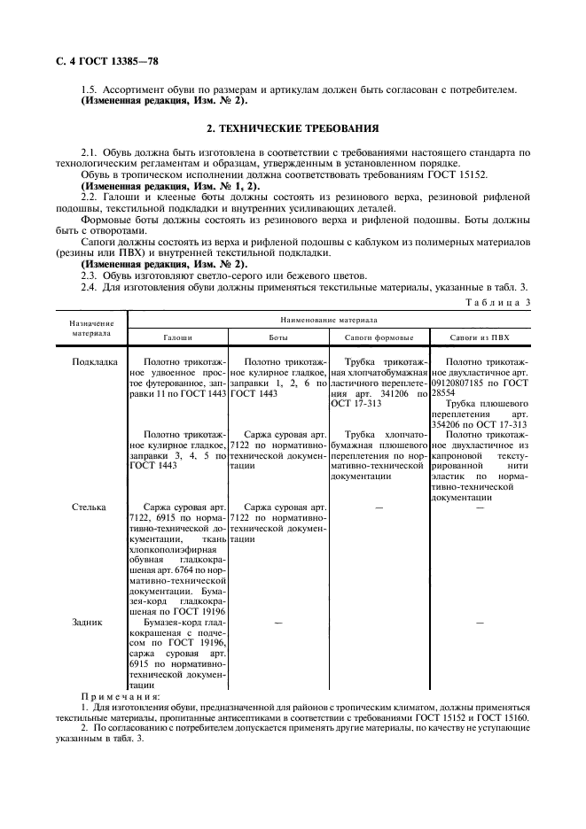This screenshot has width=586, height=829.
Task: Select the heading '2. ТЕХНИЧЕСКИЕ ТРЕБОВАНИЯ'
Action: click(x=292, y=128)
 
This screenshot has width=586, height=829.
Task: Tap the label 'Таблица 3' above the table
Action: click(x=500, y=303)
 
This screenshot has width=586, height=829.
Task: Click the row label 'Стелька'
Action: click(x=89, y=507)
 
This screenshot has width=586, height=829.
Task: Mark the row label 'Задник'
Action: click(x=87, y=622)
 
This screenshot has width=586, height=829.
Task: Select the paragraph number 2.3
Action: click(x=90, y=275)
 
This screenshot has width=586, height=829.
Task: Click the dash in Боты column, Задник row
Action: click(x=278, y=623)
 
